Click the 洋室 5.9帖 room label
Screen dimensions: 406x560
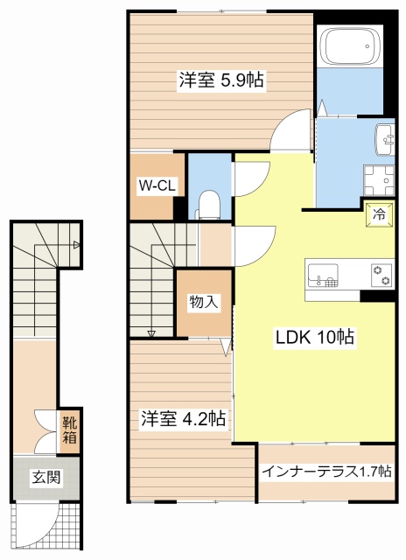[x=221, y=80]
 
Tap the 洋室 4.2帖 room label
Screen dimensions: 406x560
[x=183, y=418]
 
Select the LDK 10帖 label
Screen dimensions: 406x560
[x=315, y=337]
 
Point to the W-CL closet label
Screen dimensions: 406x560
[x=157, y=185]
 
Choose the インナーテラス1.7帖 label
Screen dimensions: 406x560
[x=326, y=472]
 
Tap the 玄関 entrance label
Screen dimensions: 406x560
[x=46, y=476]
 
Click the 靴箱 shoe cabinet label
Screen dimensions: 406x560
[x=70, y=431]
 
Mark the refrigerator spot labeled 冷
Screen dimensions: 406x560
[x=379, y=214]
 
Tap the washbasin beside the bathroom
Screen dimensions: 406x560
[x=385, y=140]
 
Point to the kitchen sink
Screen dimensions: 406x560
[x=323, y=275]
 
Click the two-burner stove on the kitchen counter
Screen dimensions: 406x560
[x=382, y=276]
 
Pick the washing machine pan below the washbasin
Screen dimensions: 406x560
[x=379, y=180]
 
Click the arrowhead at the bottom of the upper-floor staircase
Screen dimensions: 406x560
[x=151, y=334]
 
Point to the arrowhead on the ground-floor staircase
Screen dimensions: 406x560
[x=76, y=245]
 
